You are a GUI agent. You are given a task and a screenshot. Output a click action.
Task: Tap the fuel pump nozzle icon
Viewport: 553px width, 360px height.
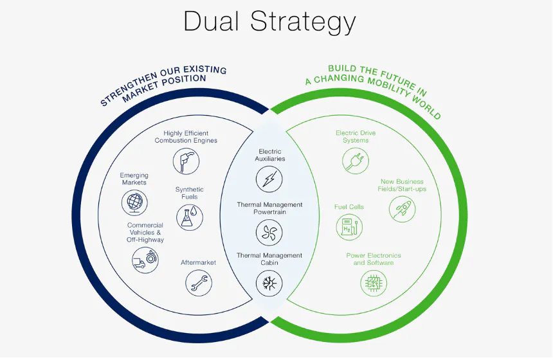click(186, 161)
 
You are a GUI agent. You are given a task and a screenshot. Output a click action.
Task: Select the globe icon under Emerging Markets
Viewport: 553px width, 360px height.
click(134, 203)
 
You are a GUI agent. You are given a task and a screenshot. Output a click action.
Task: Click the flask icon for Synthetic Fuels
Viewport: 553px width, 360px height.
click(190, 217)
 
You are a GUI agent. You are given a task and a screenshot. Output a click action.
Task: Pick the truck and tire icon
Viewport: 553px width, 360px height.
click(145, 260)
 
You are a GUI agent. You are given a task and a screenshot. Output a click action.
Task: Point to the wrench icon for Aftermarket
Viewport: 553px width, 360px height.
click(199, 283)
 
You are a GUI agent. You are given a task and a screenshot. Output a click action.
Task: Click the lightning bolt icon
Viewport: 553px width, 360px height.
click(269, 179)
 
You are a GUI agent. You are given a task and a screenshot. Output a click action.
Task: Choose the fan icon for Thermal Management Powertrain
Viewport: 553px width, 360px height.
click(269, 232)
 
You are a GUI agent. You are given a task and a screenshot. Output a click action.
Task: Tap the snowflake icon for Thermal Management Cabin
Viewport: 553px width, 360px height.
click(269, 283)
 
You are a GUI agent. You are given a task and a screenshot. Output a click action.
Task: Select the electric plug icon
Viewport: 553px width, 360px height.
click(356, 161)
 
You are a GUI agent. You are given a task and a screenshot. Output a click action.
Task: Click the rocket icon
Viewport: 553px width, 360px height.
click(403, 209)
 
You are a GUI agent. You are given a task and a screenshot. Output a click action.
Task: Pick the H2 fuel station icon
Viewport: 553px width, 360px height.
click(349, 227)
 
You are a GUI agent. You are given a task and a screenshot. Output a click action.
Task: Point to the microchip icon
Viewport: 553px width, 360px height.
click(374, 283)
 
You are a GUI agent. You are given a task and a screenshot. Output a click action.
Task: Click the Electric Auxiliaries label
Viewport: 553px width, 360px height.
click(270, 155)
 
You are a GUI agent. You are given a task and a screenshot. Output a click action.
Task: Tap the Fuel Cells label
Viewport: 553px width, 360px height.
click(349, 207)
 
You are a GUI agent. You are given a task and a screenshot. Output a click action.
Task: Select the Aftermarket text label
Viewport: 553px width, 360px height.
click(199, 262)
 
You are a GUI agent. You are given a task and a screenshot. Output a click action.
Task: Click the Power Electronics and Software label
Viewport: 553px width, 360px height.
click(374, 259)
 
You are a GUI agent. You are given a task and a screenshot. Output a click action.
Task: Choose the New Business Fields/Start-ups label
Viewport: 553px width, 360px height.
click(402, 185)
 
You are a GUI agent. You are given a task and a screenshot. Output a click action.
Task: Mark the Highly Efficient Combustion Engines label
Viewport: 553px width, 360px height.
click(186, 137)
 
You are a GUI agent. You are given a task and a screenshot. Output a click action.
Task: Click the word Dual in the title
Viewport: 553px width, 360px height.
click(211, 21)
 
